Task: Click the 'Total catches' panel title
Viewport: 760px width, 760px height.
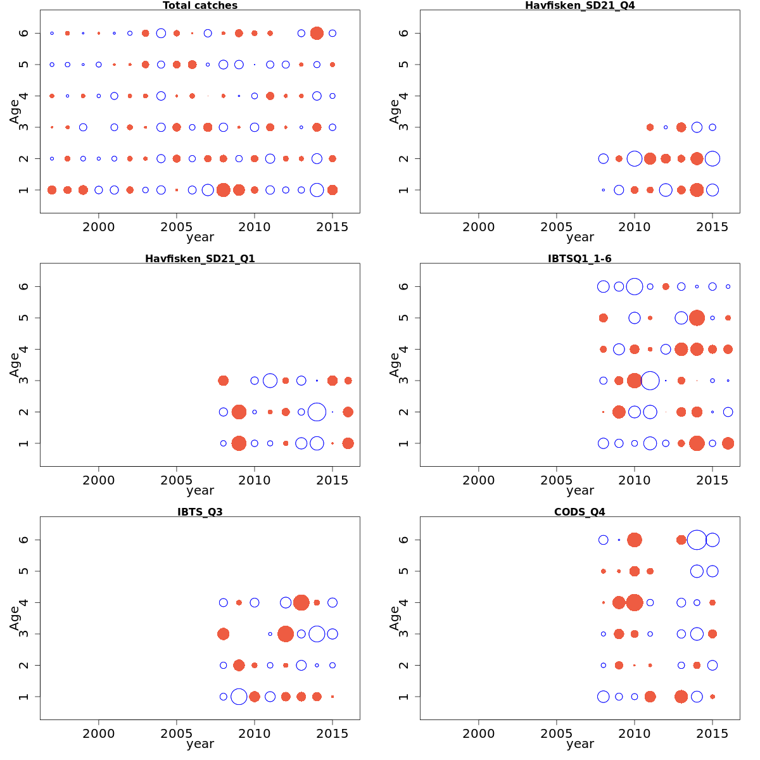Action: pos(200,6)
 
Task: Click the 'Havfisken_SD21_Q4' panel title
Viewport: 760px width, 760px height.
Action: pos(579,6)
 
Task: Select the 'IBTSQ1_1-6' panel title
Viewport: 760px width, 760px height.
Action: pos(579,258)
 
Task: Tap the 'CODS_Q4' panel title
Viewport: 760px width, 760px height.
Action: pos(579,512)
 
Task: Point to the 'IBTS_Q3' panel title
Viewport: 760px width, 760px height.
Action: pos(200,512)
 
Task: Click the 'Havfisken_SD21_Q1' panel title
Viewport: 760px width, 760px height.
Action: pos(200,258)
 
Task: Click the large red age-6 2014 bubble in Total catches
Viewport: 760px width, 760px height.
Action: pos(317,33)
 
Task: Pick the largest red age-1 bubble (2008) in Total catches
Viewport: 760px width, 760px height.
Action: pos(223,190)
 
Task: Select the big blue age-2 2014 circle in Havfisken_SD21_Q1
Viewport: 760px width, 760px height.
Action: pos(317,412)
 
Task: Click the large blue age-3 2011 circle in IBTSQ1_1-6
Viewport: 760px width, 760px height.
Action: pos(650,381)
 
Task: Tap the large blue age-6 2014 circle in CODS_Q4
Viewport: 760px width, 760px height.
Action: pos(697,540)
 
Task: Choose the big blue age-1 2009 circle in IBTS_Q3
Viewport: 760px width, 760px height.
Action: pos(239,697)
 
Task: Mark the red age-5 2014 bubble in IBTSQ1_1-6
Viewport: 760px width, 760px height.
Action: pos(697,318)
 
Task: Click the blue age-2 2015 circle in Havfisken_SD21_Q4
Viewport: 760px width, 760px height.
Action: pos(712,158)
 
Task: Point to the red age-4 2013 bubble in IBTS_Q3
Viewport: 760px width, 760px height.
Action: pos(301,602)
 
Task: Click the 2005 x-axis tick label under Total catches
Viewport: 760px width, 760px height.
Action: pos(177,227)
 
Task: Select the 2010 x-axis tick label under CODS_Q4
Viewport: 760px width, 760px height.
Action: pos(634,733)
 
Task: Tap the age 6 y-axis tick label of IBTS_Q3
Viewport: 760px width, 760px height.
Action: pos(24,540)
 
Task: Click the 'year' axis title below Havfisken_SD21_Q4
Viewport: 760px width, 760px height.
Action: pos(579,237)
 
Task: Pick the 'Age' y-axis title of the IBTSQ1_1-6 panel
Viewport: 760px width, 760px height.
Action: pos(395,365)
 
